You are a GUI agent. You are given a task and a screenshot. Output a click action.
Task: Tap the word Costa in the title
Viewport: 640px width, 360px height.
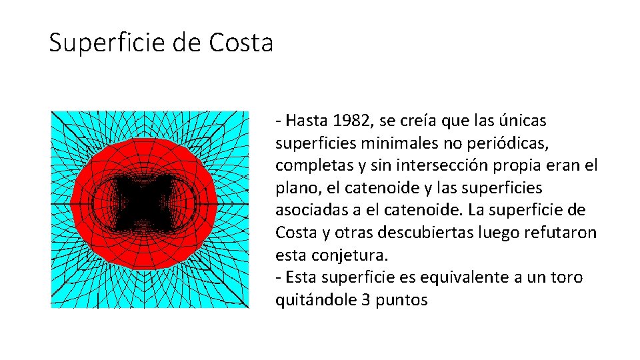coord(241,43)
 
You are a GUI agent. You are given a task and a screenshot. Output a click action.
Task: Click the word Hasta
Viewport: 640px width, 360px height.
coord(305,121)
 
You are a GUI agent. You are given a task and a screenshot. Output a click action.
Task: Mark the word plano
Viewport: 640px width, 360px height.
coord(294,188)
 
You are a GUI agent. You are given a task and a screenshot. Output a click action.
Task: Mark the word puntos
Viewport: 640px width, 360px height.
coord(402,300)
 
